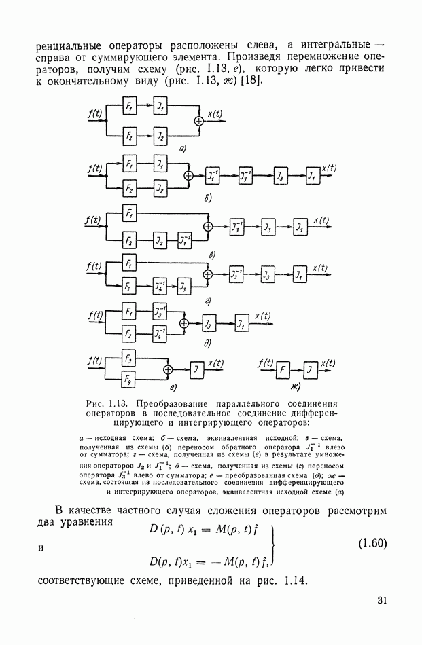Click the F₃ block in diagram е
[127, 358]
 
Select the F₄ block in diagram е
[127, 380]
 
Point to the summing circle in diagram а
[199, 120]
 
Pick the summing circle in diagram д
[183, 324]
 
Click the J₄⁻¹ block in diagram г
[160, 285]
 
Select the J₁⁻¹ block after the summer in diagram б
[213, 175]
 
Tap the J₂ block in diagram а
[160, 136]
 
